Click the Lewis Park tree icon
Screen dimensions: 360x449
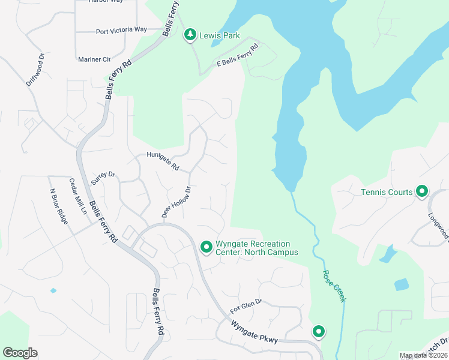tap(190, 35)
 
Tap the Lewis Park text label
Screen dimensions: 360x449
tap(220, 35)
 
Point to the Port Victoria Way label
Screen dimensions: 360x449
tap(121, 30)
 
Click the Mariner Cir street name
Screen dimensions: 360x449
tap(94, 59)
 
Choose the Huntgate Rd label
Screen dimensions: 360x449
tap(163, 161)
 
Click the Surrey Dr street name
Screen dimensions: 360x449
tap(103, 178)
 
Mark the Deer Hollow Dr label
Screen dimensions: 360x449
tap(176, 202)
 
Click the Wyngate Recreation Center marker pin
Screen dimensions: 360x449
tap(206, 247)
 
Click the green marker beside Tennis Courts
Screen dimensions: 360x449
tap(422, 192)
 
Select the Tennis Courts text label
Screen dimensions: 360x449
tap(387, 192)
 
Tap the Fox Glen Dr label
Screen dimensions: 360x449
tap(246, 307)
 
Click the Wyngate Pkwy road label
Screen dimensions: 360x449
tap(255, 332)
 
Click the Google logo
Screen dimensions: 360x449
tap(20, 353)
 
